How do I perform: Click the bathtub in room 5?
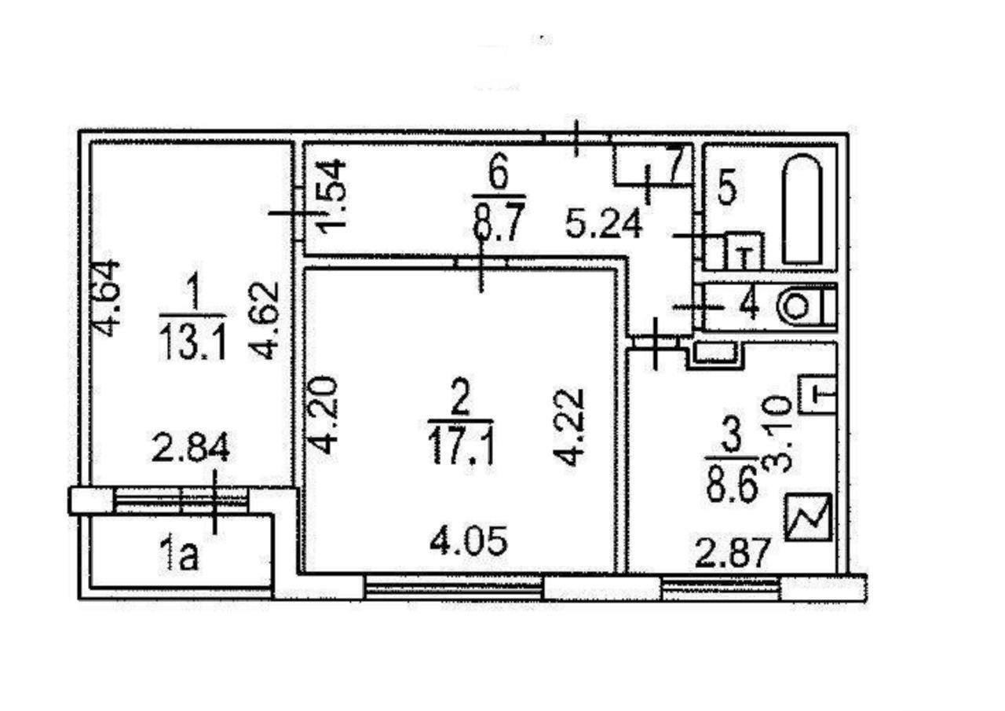803,209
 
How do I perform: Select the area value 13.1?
192,343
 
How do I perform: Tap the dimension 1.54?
333,196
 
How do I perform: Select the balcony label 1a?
181,557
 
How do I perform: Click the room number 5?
727,189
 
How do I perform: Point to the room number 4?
749,305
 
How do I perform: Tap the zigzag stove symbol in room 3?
808,519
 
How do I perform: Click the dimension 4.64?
108,298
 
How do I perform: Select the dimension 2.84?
192,450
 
